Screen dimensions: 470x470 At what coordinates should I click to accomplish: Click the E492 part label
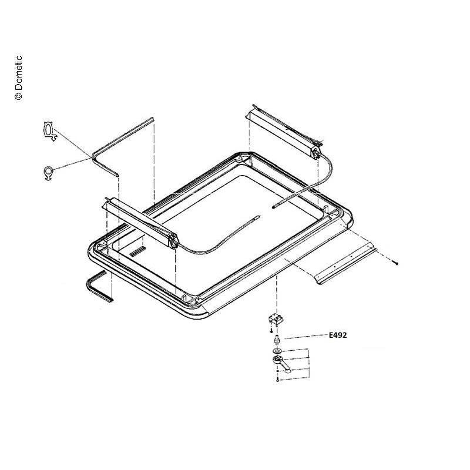point(338,335)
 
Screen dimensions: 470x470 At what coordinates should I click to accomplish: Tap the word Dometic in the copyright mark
point(18,73)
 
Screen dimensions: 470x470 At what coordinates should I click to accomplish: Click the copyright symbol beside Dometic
point(18,96)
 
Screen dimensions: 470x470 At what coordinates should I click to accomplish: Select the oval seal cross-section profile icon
point(49,130)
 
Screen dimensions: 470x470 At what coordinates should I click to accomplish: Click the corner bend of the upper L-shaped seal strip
point(93,156)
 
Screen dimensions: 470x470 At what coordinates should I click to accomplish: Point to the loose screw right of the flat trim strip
point(396,263)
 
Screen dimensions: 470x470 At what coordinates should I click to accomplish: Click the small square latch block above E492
point(276,320)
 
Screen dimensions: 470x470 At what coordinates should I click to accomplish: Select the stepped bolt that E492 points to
point(277,340)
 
